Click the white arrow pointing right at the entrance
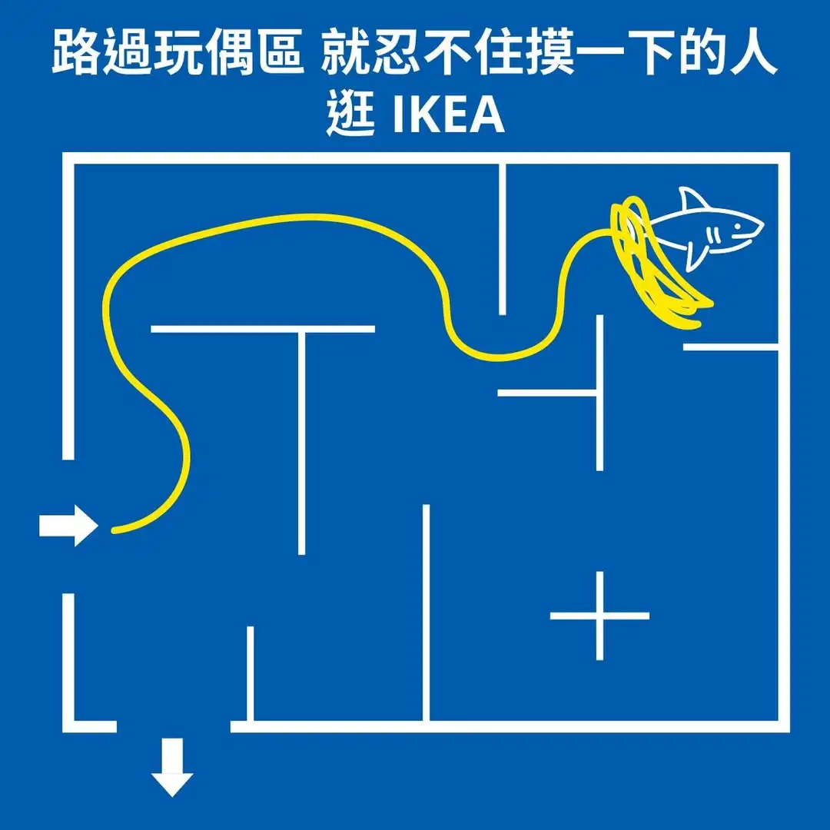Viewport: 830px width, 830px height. coord(68,526)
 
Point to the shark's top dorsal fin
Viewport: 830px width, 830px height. coord(694,201)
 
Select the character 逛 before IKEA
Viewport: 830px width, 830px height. coord(350,116)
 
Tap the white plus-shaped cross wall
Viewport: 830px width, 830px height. coord(599,616)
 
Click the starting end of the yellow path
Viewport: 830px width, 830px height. coord(115,530)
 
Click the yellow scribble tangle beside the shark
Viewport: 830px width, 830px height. coord(649,261)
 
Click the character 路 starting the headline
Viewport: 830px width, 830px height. coord(75,55)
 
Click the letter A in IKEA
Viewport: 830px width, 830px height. coord(487,116)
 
